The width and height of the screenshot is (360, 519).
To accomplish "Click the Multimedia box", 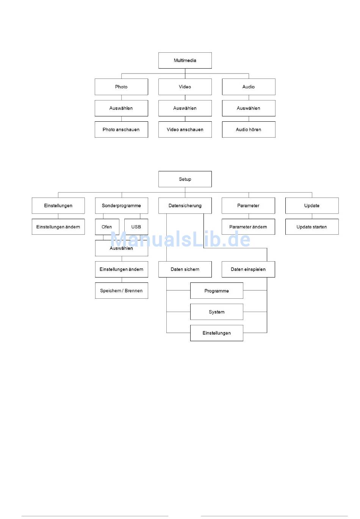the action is pos(185,60).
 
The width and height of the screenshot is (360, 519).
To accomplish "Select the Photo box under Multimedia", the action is pos(121,87).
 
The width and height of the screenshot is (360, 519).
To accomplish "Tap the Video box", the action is pos(185,87).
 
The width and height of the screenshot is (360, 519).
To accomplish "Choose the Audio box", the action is pos(249,87).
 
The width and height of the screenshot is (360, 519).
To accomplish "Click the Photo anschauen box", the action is pos(121,129).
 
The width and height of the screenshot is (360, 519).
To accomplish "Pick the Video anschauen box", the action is pos(185,129).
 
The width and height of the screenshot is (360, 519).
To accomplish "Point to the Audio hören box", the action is pos(249,129).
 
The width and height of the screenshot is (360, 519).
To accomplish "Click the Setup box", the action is pos(185,179).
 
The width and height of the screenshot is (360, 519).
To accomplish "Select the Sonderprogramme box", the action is pos(121,205).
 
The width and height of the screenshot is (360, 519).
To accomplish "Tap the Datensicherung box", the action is pos(185,205).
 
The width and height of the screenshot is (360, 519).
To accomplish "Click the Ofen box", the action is pos(107,227).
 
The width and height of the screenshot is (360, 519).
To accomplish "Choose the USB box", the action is pos(136,227).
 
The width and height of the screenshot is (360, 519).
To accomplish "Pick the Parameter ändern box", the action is pos(248,227).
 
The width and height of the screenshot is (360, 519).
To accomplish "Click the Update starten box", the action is pos(312,227).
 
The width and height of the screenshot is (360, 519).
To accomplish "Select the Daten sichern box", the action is pos(185,269).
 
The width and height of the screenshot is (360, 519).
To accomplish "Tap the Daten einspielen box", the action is pos(248,269).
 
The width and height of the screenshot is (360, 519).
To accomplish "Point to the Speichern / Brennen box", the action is pos(121,290).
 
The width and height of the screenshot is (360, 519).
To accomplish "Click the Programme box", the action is pos(217,290).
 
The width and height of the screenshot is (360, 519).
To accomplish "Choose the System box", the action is pos(217,312).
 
